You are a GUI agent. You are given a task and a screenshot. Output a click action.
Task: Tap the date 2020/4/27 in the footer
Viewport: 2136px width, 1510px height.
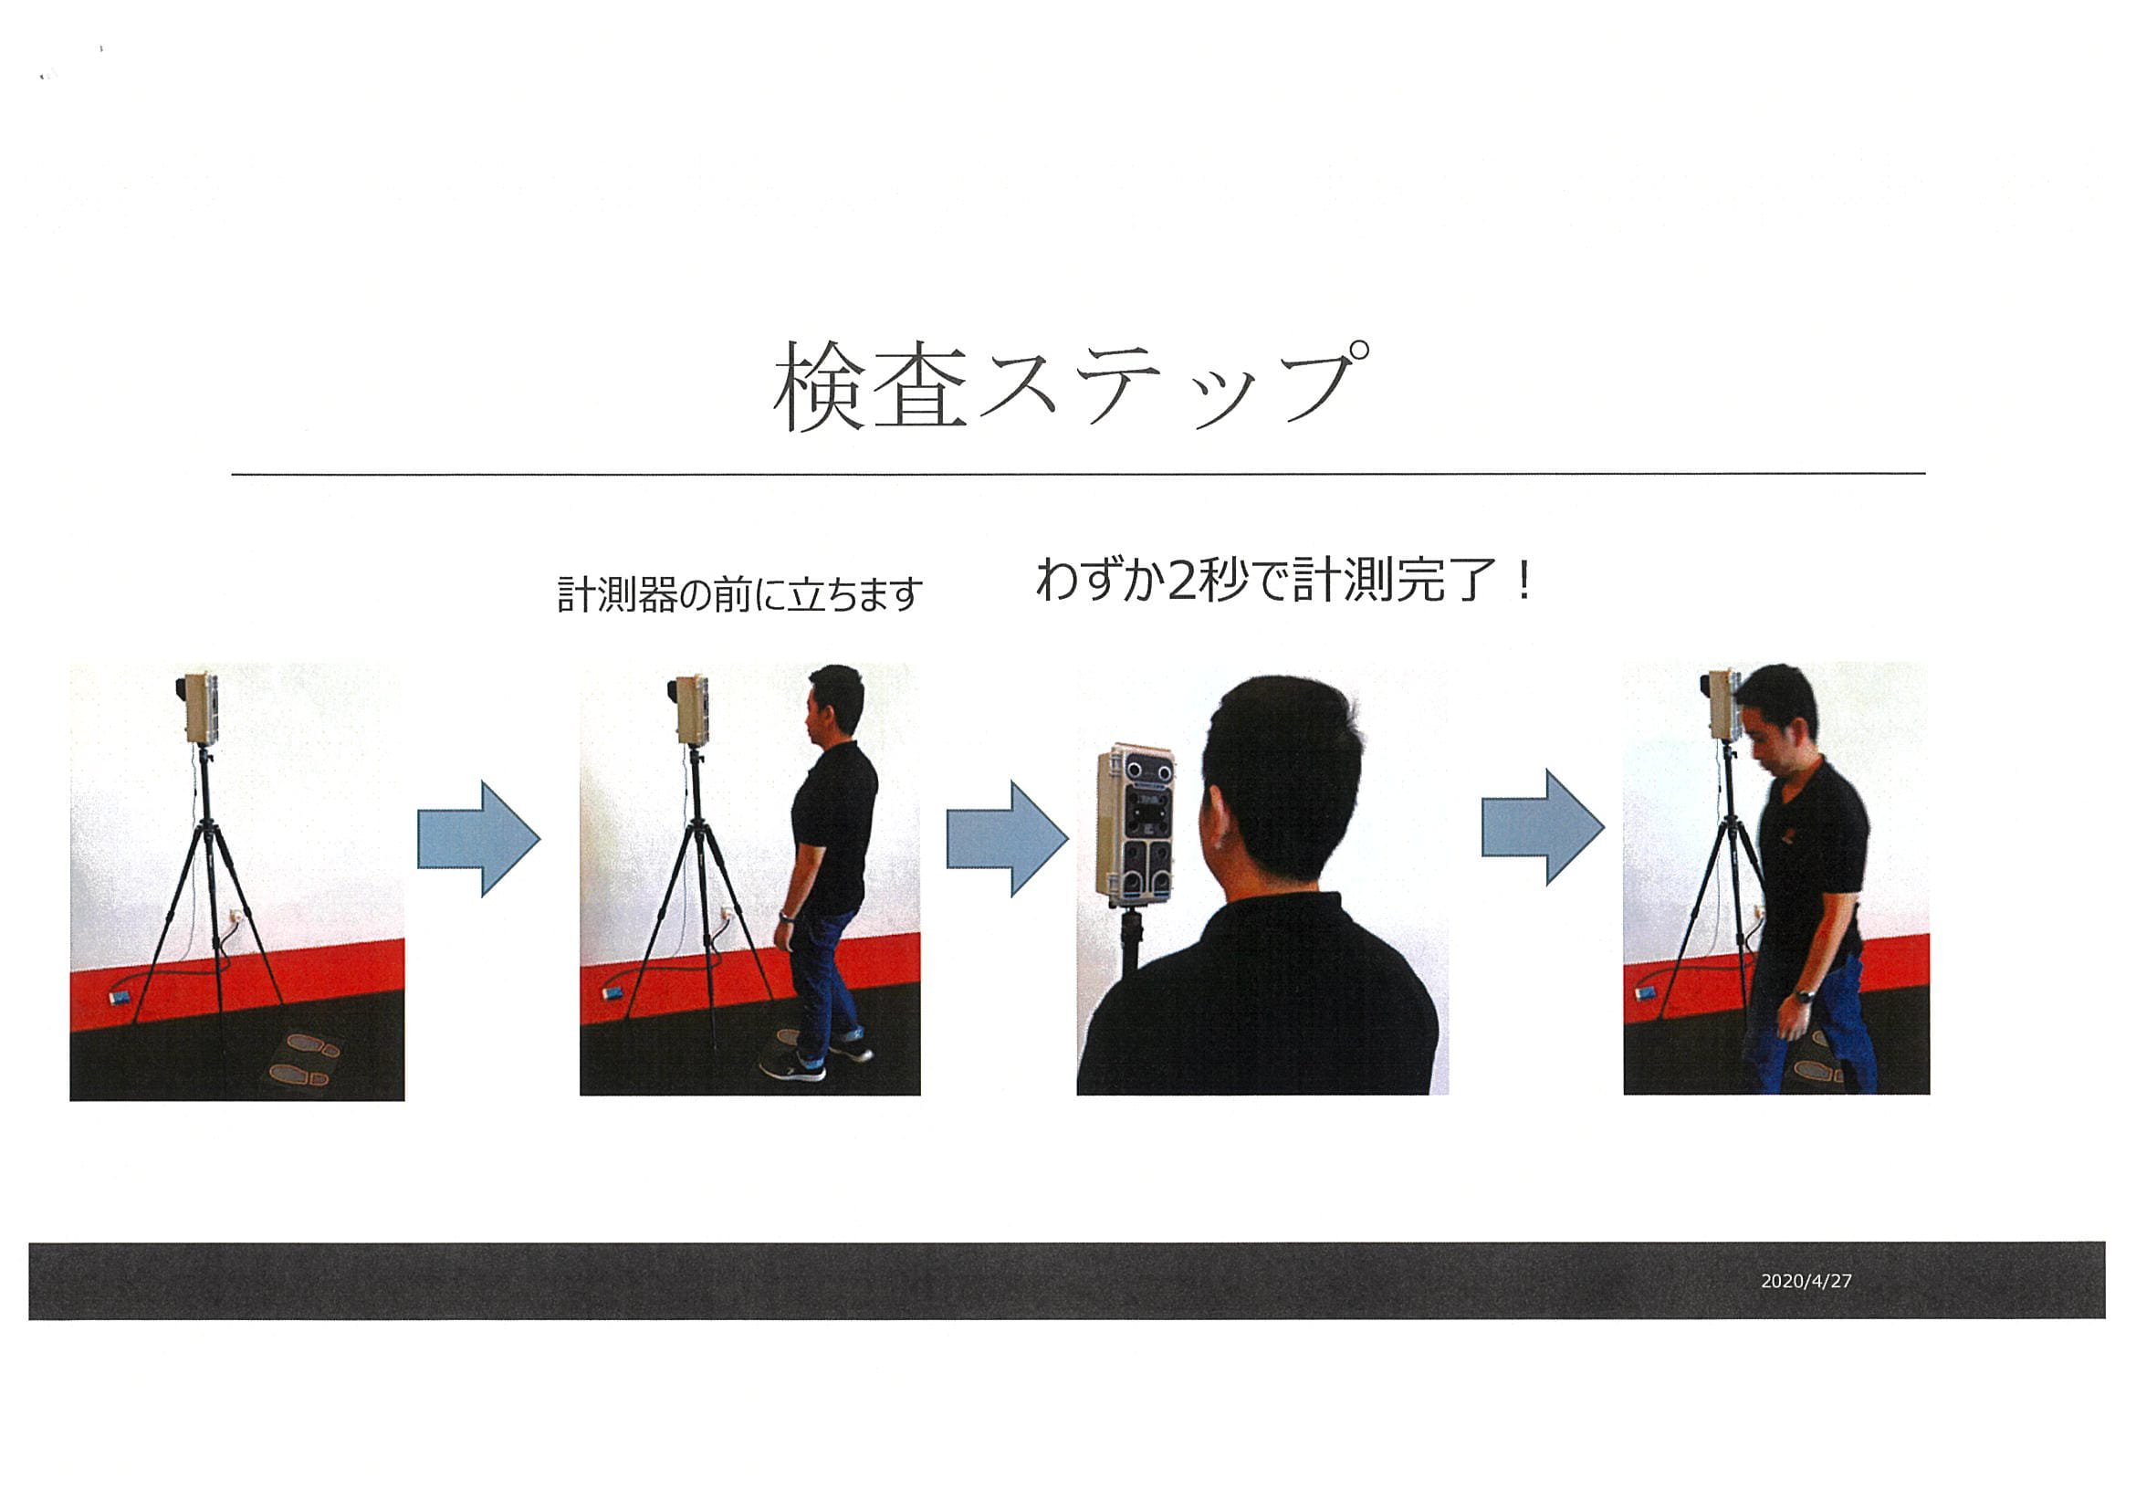click(x=1806, y=1281)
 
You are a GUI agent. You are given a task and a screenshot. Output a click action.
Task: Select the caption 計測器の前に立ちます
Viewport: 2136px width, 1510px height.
click(x=739, y=594)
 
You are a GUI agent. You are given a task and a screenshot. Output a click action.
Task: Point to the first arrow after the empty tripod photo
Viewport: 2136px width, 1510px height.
click(x=478, y=839)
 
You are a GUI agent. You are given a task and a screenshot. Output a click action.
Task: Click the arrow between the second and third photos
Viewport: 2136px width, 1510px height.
click(x=1008, y=839)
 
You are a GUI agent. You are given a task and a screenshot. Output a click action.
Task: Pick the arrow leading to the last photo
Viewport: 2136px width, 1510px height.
click(x=1543, y=827)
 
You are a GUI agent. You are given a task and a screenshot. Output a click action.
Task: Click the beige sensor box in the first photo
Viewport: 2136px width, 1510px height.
click(x=201, y=708)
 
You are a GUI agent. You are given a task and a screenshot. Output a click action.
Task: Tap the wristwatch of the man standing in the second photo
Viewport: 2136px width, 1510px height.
click(x=786, y=918)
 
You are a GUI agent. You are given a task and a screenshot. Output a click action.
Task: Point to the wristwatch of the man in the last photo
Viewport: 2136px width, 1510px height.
click(x=1804, y=996)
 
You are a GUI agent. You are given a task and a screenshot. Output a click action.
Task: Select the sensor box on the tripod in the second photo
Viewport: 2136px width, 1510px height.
click(x=691, y=710)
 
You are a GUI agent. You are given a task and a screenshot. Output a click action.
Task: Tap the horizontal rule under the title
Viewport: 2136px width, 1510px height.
click(x=1077, y=475)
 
